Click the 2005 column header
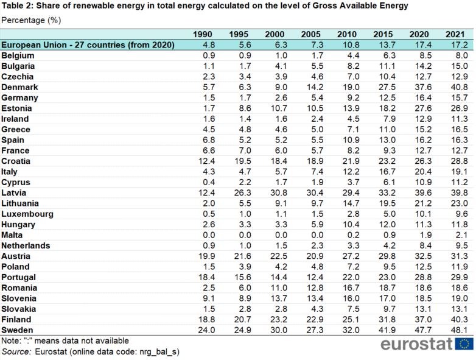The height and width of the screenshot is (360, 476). point(310,34)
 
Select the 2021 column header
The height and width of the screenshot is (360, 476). point(455,34)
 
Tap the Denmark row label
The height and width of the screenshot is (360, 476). point(19,87)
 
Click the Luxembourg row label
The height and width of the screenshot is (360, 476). point(27,214)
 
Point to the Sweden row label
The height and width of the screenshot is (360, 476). point(17,330)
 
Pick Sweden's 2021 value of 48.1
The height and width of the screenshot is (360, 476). point(460,330)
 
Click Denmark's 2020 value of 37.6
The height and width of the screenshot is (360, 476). point(423,87)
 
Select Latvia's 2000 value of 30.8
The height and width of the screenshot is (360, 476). point(279,193)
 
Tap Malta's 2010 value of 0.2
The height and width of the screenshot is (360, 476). point(354,235)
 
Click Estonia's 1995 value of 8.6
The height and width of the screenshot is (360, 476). point(245,108)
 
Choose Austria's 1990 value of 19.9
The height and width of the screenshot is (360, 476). point(206,256)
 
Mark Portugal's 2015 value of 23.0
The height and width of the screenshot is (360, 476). point(387,277)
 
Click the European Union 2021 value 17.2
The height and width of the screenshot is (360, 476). point(460,45)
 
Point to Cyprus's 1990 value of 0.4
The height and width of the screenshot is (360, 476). point(209,182)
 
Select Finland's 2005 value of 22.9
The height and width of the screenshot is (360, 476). point(315,320)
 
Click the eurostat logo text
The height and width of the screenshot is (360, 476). point(416,344)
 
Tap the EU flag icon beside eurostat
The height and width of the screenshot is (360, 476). point(464,344)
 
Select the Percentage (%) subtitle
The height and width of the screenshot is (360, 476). point(31,20)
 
